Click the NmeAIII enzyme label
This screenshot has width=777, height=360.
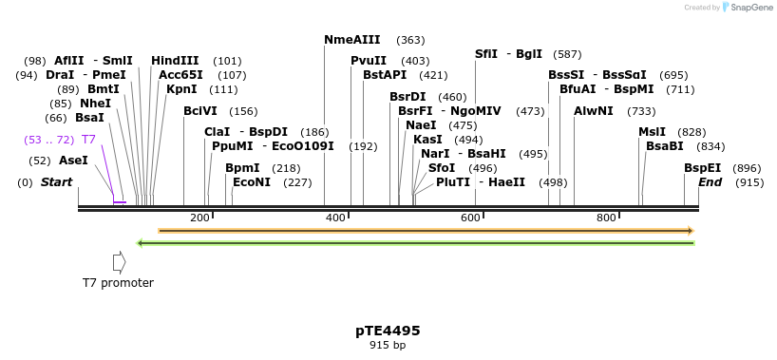coord(351,40)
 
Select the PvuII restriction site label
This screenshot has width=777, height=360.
coord(369,61)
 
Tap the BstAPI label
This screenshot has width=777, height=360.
coord(384,75)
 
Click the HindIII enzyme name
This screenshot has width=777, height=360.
coord(175,61)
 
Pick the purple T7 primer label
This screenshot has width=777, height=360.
coord(88,140)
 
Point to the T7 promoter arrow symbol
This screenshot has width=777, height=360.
coord(119,262)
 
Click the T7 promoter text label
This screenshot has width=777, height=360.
coord(118,283)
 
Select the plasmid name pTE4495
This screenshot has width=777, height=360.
coord(388,331)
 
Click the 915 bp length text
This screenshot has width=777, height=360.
coord(388,346)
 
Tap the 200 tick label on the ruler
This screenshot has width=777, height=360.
coord(199,218)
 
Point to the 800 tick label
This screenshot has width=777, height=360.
coord(607,218)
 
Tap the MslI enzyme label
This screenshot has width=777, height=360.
coord(652,132)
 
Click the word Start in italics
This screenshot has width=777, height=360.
coord(56,182)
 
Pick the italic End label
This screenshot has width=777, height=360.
coord(710,182)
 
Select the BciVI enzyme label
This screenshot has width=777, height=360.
coord(200,111)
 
